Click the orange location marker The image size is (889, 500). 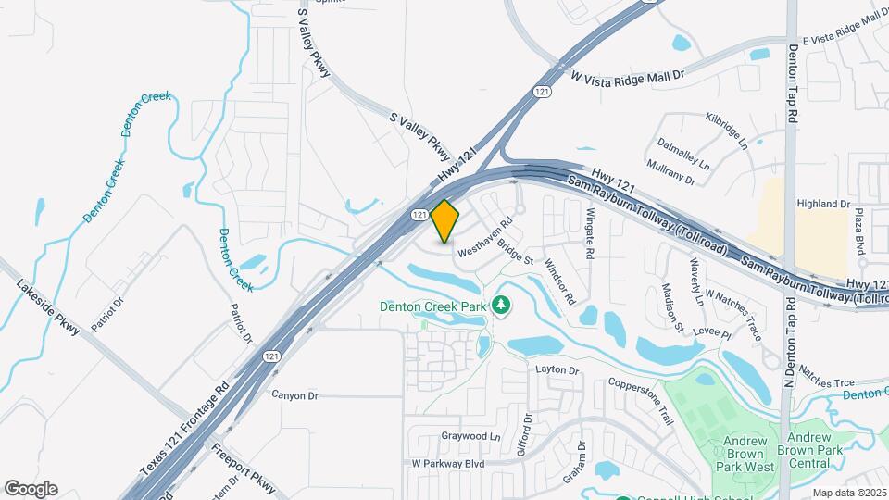[x=445, y=221]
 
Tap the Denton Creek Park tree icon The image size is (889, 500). [x=501, y=305]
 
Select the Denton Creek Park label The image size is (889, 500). [x=433, y=306]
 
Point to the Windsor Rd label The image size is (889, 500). [x=560, y=281]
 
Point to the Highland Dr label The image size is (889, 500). [x=823, y=204]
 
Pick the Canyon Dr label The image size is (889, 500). [x=294, y=395]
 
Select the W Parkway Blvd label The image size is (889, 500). [x=448, y=462]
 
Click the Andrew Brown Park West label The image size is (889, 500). [x=735, y=447]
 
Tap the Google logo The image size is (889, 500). [x=31, y=489]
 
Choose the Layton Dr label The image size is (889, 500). [x=557, y=370]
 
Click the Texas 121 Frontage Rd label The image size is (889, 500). [x=184, y=432]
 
